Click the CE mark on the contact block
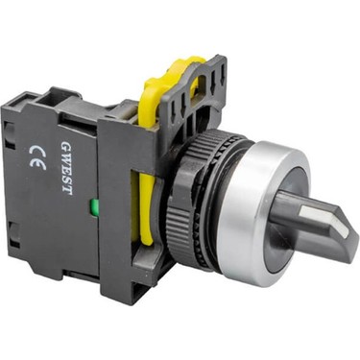[37, 156]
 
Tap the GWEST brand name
[66, 167]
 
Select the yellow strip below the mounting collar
[146, 210]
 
